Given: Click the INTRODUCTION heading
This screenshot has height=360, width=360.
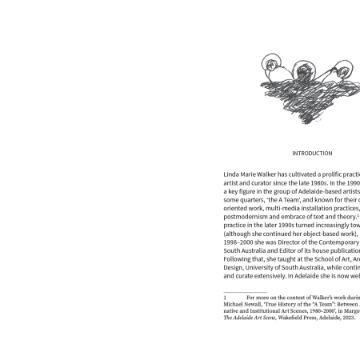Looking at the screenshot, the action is (312, 154).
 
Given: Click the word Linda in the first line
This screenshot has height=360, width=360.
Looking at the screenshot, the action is (232, 174).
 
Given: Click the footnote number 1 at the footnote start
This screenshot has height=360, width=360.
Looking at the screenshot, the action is (225, 297).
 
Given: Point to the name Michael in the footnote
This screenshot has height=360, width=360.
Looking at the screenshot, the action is (236, 304).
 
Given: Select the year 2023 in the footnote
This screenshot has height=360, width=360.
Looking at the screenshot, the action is (347, 318).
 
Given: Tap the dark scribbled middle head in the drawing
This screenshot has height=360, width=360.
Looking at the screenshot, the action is (303, 70).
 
